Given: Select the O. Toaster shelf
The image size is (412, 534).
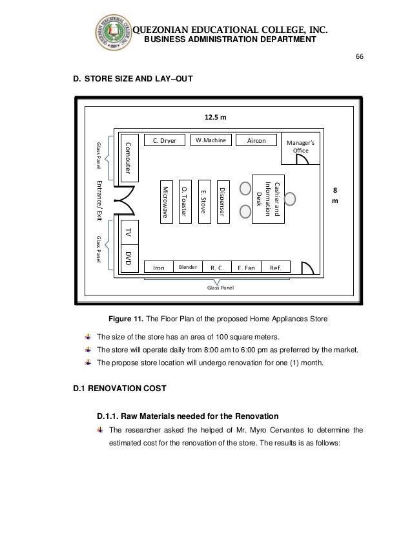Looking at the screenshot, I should pyautogui.click(x=184, y=202).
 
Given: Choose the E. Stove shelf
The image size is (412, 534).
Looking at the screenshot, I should pyautogui.click(x=203, y=202).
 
